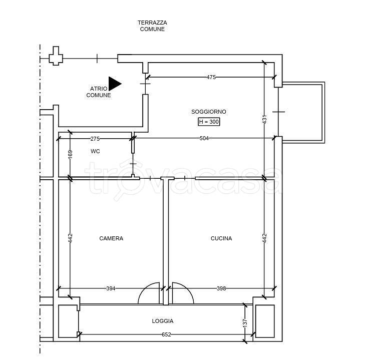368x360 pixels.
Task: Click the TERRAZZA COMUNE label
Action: coord(152,26)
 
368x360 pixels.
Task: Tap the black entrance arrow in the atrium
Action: coord(115,84)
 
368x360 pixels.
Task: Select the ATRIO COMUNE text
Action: coord(99,92)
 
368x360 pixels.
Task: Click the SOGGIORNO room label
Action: coord(209,112)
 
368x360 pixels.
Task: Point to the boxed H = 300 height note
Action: coord(209,122)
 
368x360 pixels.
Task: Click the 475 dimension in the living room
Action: coord(211,77)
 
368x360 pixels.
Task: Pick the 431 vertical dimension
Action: coord(264,119)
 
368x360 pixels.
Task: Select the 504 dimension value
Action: coord(204,138)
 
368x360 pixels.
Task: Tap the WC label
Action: coord(95,151)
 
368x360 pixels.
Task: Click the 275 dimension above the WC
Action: coord(95,139)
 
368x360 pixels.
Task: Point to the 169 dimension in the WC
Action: coord(70,154)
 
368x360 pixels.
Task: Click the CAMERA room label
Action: coord(111,238)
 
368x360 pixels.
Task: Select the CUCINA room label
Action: coord(221,238)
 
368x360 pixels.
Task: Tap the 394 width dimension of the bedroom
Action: coord(111,288)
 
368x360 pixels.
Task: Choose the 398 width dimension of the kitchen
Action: coord(221,288)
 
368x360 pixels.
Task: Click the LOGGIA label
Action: coord(163,321)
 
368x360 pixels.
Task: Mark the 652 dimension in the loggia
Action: coord(166,334)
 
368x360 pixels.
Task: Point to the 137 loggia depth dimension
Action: coord(245,323)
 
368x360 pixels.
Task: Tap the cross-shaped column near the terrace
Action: coord(56,56)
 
